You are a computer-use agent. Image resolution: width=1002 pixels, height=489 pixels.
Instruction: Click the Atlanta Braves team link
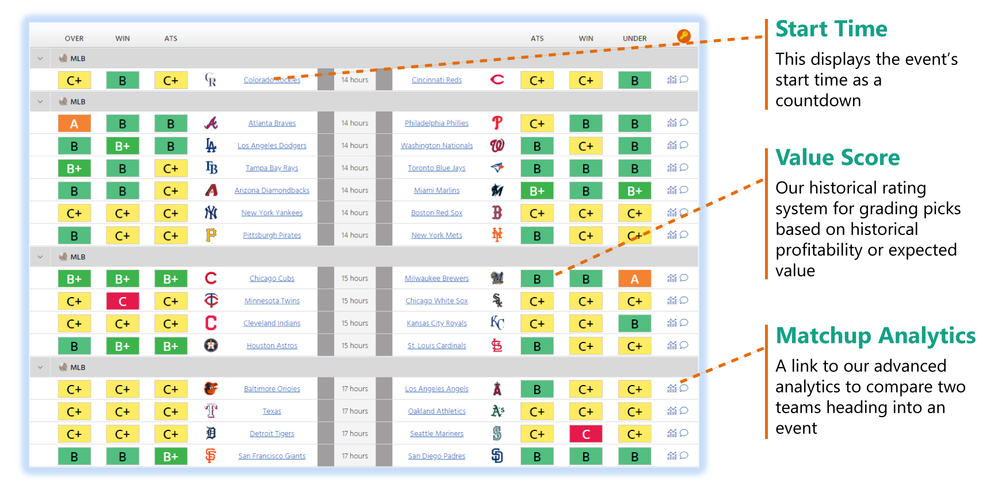[272, 123]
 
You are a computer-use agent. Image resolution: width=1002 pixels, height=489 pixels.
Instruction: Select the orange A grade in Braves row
[74, 124]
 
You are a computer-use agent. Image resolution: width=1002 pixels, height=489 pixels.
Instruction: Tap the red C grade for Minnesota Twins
[123, 301]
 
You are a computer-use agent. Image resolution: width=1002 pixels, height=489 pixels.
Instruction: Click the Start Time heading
[831, 29]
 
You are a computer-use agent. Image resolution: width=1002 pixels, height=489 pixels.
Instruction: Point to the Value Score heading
[837, 157]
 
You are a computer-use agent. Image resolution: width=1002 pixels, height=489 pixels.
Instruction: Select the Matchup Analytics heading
[875, 336]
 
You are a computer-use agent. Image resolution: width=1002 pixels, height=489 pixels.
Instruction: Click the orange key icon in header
[683, 36]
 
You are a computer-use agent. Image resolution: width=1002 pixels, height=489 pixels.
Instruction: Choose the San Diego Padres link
[437, 456]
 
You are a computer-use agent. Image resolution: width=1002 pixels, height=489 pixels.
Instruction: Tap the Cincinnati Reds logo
[498, 80]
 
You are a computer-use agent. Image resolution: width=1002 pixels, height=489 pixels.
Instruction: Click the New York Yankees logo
[211, 213]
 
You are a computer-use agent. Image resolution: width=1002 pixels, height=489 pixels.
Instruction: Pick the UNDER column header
[634, 38]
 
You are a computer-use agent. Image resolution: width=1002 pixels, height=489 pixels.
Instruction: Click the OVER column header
[74, 38]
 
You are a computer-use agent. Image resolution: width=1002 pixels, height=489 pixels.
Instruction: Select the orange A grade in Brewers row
[634, 279]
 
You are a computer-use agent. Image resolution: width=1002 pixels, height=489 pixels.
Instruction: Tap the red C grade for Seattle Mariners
[586, 434]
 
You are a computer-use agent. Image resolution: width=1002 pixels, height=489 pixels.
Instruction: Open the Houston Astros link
[272, 346]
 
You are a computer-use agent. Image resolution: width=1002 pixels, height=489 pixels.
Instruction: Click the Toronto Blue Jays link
[437, 168]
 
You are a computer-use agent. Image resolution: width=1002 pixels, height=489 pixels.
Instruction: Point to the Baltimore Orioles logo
[211, 389]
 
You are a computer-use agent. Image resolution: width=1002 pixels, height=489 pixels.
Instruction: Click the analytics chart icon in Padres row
[672, 456]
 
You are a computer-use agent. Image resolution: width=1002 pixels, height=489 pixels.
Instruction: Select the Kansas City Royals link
[437, 324]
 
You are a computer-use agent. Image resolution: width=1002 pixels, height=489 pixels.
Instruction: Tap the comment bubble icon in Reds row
[684, 79]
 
